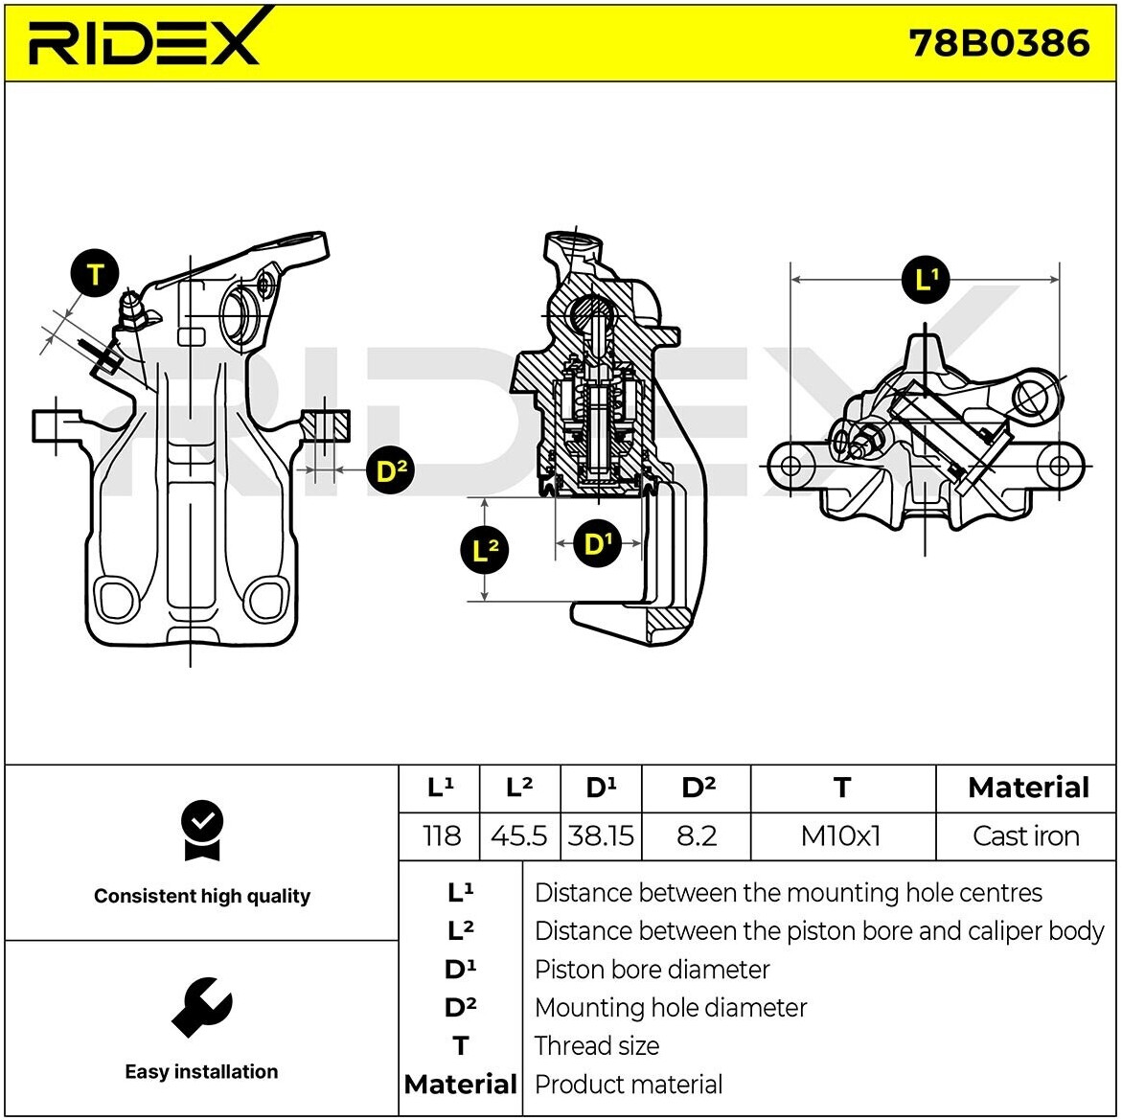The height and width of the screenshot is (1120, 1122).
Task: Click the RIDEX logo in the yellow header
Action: click(x=144, y=40)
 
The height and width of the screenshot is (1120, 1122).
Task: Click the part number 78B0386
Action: click(x=999, y=43)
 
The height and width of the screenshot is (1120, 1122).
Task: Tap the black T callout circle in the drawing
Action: click(x=95, y=275)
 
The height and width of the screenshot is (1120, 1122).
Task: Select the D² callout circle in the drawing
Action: click(x=389, y=470)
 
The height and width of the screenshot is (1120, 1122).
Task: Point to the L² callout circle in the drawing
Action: click(x=485, y=550)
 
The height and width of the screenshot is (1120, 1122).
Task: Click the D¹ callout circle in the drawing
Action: click(x=597, y=544)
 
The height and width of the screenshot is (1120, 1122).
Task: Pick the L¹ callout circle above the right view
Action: click(x=925, y=280)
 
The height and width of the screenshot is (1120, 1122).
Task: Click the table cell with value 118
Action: click(x=441, y=835)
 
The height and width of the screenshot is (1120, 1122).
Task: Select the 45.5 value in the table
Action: click(x=518, y=835)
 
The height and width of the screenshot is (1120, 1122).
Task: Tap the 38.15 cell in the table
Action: click(x=601, y=835)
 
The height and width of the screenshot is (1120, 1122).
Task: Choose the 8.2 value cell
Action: click(x=697, y=835)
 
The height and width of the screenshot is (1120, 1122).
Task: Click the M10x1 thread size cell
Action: click(x=840, y=835)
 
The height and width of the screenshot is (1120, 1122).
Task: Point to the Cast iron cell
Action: click(x=1025, y=835)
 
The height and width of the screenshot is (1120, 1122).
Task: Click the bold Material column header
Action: click(x=1028, y=788)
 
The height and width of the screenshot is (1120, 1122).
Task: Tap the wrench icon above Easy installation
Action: click(x=201, y=1007)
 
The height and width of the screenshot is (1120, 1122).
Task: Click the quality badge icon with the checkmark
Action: click(x=202, y=831)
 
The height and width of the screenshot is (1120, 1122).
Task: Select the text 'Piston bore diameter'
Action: click(x=652, y=970)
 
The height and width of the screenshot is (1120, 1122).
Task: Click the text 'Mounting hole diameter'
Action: click(x=671, y=1008)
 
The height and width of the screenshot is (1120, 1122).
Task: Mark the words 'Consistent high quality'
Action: click(x=202, y=896)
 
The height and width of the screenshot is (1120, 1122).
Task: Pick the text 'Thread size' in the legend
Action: click(x=597, y=1046)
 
